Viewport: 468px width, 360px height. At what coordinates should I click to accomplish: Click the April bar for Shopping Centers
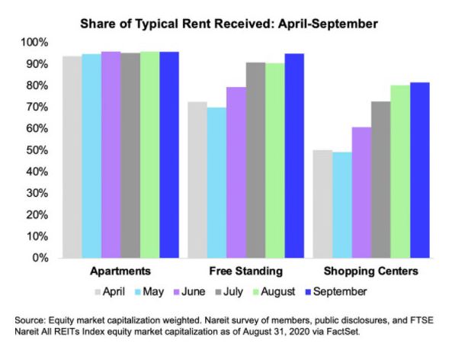tap(322, 204)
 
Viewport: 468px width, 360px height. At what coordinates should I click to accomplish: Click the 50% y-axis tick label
tap(38, 150)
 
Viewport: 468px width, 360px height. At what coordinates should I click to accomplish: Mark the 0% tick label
tap(41, 259)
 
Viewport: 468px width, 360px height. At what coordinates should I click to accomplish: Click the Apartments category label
tap(120, 272)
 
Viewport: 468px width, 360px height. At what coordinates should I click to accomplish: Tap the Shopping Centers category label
tap(371, 272)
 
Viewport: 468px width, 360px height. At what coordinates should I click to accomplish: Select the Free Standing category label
tap(245, 272)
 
